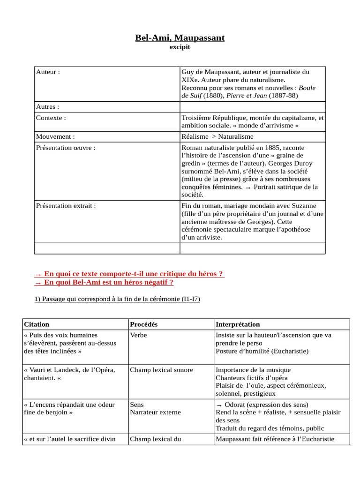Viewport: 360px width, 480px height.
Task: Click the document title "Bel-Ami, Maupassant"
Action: tap(180, 37)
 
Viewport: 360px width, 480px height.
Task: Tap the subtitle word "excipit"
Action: tap(180, 47)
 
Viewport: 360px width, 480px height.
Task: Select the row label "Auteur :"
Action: tap(48, 72)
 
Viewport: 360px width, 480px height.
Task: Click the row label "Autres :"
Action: tap(47, 107)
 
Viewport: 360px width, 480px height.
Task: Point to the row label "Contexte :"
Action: tap(51, 118)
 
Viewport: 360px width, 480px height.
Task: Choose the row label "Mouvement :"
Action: tap(55, 136)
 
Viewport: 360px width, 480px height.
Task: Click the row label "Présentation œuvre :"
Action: tap(66, 148)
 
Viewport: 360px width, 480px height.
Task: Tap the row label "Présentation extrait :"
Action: tap(66, 205)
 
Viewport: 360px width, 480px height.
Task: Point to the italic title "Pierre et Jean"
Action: tap(247, 96)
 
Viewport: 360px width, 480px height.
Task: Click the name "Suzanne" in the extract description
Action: tap(304, 205)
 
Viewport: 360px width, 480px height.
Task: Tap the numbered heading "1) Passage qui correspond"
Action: tap(117, 299)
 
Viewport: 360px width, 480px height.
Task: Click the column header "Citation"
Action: tap(36, 324)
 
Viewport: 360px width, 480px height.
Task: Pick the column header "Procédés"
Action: tap(143, 324)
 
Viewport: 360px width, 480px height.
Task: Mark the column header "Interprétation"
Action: tap(238, 324)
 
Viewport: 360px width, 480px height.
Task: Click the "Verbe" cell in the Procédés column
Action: tap(138, 335)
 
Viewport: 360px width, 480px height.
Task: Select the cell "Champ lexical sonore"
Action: tap(161, 370)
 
